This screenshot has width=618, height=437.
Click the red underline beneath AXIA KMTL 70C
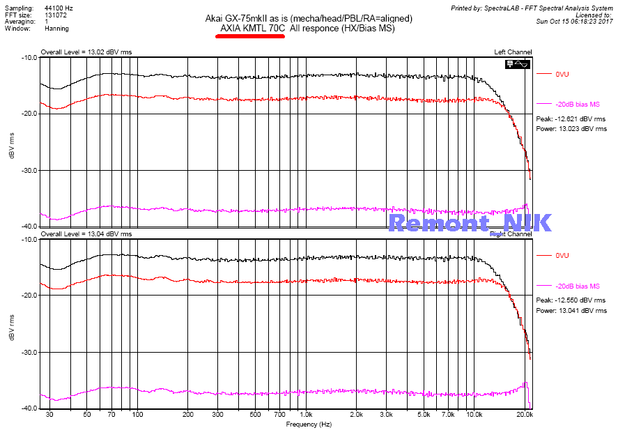point(250,37)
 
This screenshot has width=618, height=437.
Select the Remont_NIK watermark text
point(470,223)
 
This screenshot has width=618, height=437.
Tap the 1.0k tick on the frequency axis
point(305,414)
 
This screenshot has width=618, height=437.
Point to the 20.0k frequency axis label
point(525,414)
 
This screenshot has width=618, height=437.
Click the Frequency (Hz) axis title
point(308,424)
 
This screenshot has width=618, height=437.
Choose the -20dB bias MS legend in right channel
point(578,286)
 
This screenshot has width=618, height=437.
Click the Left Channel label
point(513,52)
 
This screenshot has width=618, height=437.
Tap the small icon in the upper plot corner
point(518,64)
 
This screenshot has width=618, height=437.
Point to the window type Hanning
point(57,30)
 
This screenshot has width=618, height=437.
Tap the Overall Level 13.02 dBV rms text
point(86,52)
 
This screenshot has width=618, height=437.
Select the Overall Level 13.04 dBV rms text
point(86,234)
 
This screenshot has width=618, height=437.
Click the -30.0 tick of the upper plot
point(27,171)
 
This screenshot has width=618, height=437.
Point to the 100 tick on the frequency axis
point(137,414)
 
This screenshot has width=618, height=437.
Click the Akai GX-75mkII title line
point(309,18)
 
